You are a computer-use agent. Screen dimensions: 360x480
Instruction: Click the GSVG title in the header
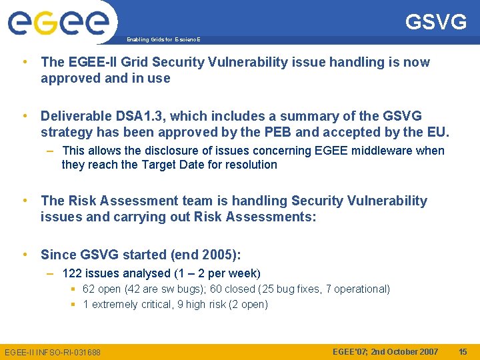436,23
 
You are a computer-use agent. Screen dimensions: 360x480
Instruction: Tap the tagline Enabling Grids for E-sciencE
163,40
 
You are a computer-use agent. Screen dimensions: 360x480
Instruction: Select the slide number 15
463,351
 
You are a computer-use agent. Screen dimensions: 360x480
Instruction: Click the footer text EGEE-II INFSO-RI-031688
53,352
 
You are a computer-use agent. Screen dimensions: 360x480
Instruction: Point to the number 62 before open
89,289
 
